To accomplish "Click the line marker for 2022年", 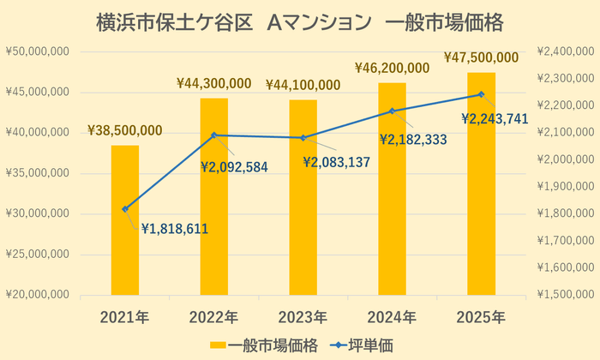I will tap(214, 135).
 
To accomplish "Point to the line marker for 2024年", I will tap(392, 111).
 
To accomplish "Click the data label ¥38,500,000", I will tap(124, 131).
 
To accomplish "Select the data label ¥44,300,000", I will tap(213, 84).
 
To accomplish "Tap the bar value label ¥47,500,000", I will tap(481, 58).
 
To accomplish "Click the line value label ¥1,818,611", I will tap(175, 228).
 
